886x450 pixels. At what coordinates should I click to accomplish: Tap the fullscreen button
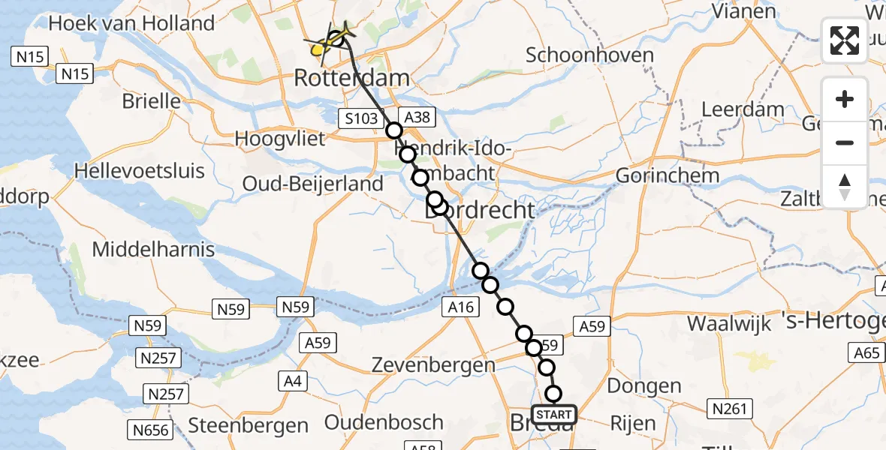coord(845,40)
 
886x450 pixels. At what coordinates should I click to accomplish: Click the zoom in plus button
coord(845,99)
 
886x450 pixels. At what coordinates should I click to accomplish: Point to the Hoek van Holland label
coord(131,23)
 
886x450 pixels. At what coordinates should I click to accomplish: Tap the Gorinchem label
coord(668,175)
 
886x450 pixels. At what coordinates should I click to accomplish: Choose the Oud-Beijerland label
coord(312,184)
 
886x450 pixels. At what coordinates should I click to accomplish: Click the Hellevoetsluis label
coord(140,171)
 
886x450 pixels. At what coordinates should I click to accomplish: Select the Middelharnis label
coord(153,250)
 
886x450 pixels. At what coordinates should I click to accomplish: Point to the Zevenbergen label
coord(435,365)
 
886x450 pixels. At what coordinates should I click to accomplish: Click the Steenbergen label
coord(248,425)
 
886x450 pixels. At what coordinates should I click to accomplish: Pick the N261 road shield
coord(729,409)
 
